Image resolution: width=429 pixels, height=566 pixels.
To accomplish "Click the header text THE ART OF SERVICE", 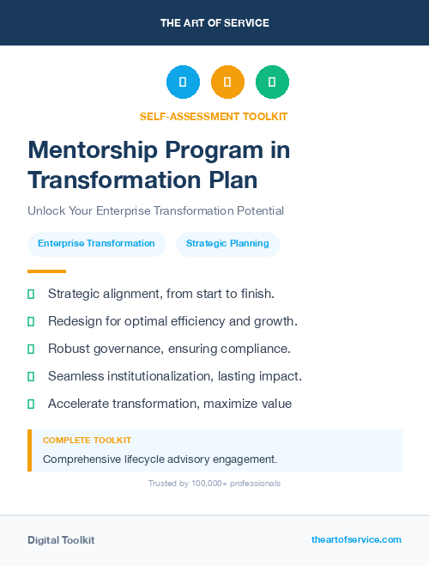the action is [214, 23].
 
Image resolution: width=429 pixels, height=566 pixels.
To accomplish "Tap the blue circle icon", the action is [183, 82].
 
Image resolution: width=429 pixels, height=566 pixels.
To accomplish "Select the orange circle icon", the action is [227, 82].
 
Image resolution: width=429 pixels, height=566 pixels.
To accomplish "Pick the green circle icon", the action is [272, 82].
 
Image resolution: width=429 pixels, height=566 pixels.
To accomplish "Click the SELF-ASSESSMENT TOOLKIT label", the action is [214, 116].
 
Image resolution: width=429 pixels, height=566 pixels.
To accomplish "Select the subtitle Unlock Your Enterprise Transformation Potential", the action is [155, 210].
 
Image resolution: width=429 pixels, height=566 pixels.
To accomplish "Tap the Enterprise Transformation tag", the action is [96, 243].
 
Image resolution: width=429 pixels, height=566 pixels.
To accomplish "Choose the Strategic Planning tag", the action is [227, 243].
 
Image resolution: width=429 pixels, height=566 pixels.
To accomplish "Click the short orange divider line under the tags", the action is [46, 271].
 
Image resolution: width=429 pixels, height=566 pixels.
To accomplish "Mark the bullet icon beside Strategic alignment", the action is [31, 294].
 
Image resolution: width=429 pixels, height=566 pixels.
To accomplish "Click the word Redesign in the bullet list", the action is [74, 321].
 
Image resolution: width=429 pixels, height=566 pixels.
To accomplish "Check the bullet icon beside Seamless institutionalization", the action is [31, 376].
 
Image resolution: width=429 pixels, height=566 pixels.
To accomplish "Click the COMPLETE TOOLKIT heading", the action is [87, 441].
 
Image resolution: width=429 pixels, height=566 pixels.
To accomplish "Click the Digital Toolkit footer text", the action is [61, 540].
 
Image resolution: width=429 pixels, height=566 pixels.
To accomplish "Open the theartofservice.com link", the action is [356, 539].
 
